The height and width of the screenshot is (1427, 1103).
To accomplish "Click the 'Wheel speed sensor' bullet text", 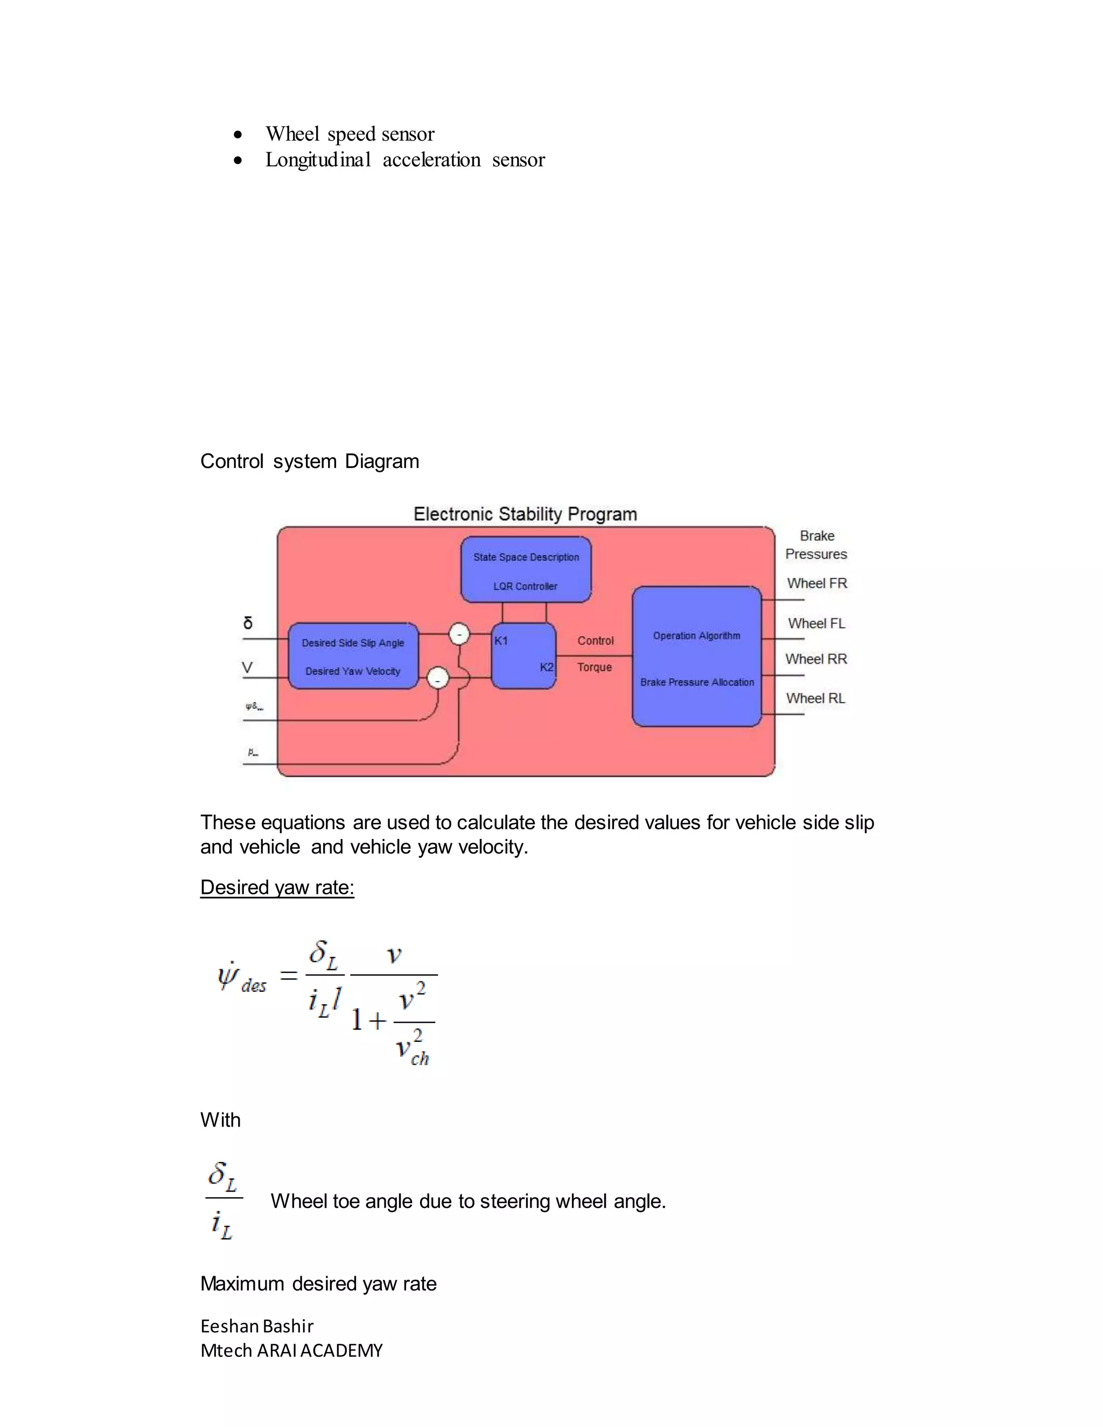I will pyautogui.click(x=350, y=134).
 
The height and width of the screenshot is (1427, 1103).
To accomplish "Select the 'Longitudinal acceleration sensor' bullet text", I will pyautogui.click(x=404, y=160).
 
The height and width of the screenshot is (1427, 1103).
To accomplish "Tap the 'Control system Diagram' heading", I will pyautogui.click(x=309, y=461).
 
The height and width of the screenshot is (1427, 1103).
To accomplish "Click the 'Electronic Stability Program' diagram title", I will pyautogui.click(x=525, y=514).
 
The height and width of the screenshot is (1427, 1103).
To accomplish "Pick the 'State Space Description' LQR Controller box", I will pyautogui.click(x=526, y=570).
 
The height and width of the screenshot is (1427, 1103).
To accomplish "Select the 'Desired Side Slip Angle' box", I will pyautogui.click(x=353, y=656).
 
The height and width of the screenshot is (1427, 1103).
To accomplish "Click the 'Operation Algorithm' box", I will pyautogui.click(x=696, y=656).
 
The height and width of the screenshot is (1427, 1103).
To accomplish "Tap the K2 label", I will pyautogui.click(x=546, y=667).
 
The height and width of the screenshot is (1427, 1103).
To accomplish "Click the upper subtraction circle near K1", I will pyautogui.click(x=459, y=634).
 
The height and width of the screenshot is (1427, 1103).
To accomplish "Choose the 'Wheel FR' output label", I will pyautogui.click(x=817, y=584).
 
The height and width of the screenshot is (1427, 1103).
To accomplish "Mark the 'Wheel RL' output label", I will pyautogui.click(x=815, y=698).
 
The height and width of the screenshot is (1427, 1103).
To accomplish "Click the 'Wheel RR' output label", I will pyautogui.click(x=816, y=659).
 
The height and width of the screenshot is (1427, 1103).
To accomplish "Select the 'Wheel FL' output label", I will pyautogui.click(x=816, y=624).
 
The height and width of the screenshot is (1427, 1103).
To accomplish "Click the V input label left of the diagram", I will pyautogui.click(x=247, y=668).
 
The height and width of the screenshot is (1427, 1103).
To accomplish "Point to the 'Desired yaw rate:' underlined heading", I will pyautogui.click(x=277, y=887).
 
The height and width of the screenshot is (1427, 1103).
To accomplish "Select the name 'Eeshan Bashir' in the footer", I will pyautogui.click(x=257, y=1326).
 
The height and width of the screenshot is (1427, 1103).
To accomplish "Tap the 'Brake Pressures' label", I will pyautogui.click(x=816, y=545).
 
